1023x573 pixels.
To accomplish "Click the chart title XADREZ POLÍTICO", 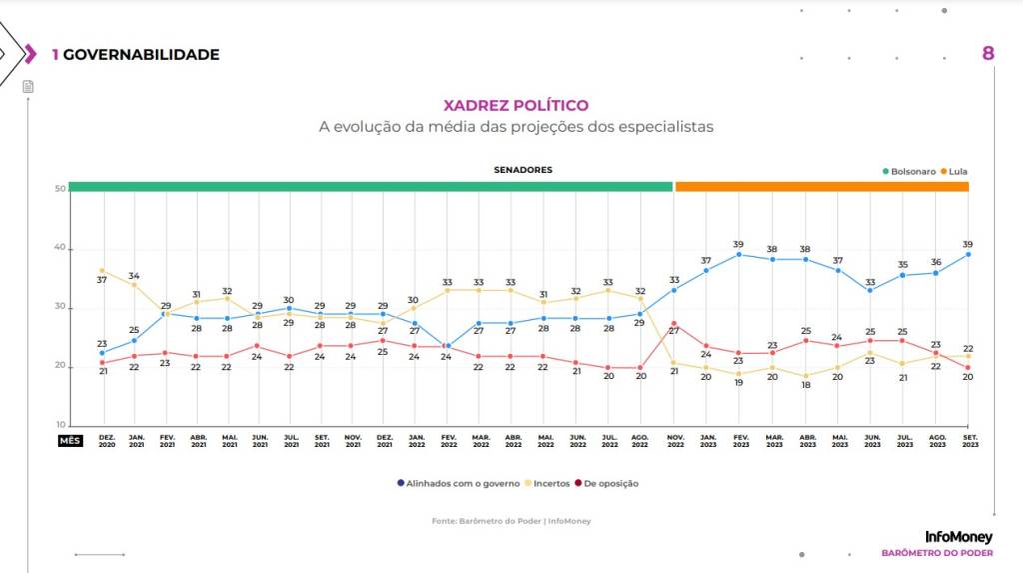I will click(x=515, y=105).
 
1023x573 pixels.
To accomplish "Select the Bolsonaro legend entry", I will click(x=909, y=171).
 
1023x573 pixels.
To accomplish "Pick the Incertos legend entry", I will click(x=547, y=483).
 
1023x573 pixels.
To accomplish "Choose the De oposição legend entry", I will click(x=607, y=483).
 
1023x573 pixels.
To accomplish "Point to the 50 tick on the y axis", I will click(x=60, y=188).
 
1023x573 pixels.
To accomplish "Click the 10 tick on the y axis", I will click(x=60, y=425).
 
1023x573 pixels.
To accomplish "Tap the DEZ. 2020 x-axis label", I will click(x=106, y=441).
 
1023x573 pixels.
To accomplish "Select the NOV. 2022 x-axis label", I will click(x=674, y=441).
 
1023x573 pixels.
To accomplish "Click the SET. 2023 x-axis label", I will click(x=967, y=441).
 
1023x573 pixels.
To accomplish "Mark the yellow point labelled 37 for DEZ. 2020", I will click(x=102, y=270).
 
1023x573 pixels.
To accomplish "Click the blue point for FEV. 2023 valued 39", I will click(x=738, y=254).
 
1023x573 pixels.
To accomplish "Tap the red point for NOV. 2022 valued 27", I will click(x=674, y=324).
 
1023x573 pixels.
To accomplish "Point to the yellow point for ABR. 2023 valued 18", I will click(x=804, y=376).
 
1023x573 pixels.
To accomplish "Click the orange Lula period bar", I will click(x=821, y=187).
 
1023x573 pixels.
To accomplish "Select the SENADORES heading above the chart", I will click(x=522, y=170).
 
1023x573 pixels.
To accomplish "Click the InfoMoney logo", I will click(x=958, y=537).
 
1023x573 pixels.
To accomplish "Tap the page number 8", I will click(x=988, y=53).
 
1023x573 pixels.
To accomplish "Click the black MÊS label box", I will click(x=70, y=440).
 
